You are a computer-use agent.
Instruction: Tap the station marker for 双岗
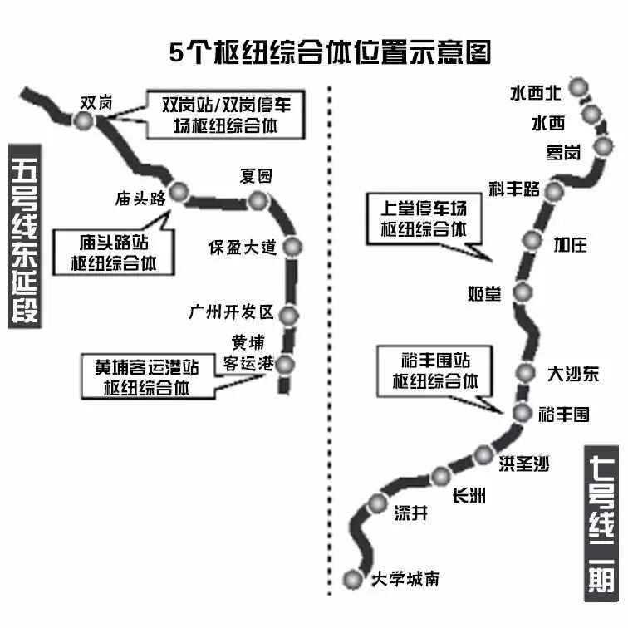point(83,121)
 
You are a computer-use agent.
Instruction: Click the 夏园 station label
point(255,175)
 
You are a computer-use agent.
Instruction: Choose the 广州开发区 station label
point(231,312)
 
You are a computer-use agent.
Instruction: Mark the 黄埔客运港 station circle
point(285,364)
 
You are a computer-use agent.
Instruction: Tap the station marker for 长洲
point(441,475)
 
